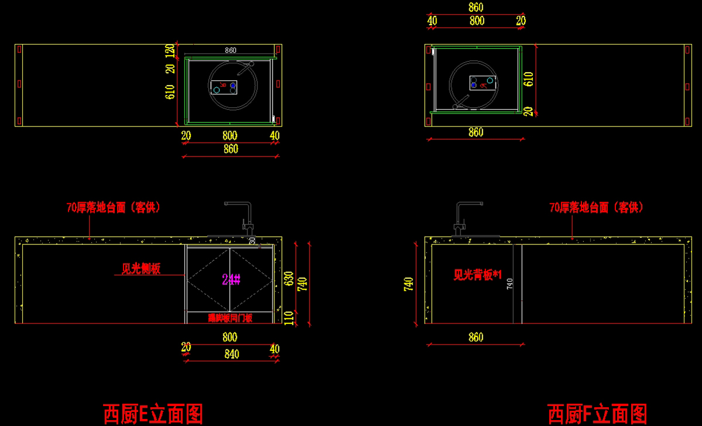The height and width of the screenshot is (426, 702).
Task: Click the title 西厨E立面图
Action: [x=153, y=414]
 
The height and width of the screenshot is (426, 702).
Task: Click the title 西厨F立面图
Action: [x=597, y=414]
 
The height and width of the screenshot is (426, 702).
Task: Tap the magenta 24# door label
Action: [x=232, y=279]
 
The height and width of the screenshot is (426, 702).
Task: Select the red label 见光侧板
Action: [x=140, y=268]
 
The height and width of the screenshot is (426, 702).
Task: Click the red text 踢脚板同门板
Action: [x=230, y=318]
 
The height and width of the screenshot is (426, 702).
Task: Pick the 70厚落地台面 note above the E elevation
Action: [x=113, y=207]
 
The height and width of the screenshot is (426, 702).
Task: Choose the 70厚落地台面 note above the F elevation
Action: [x=596, y=207]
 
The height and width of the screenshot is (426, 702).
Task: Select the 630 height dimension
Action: [x=288, y=278]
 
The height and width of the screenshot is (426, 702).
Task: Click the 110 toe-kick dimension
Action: [x=288, y=317]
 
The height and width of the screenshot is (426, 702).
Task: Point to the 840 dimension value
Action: [x=230, y=354]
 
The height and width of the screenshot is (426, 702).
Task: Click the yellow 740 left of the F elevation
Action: [x=409, y=284]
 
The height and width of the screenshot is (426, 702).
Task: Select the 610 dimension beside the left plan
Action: [x=170, y=92]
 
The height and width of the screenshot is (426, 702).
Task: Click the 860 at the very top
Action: [x=476, y=8]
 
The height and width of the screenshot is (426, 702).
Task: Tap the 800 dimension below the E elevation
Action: [x=230, y=337]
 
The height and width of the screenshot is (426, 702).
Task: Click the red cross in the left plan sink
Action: [x=223, y=85]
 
